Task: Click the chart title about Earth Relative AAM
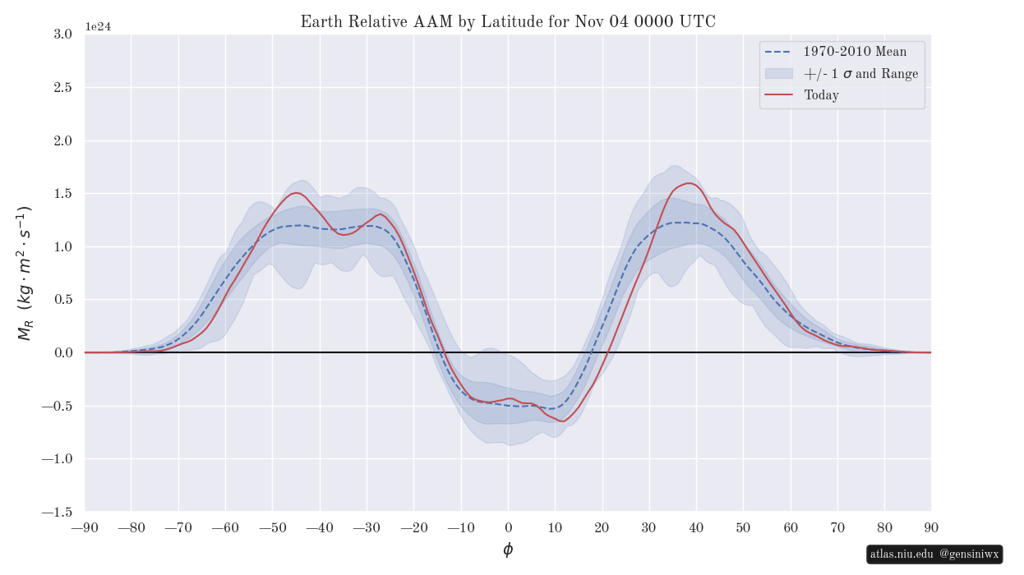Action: (508, 21)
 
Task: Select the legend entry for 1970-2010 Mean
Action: (855, 52)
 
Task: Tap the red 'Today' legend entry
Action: (821, 95)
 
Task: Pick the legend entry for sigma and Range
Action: (860, 74)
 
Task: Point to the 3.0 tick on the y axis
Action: (61, 34)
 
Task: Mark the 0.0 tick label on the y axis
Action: (61, 352)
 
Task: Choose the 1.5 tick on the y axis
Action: (61, 193)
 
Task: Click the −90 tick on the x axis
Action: (85, 527)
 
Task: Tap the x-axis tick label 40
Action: (696, 527)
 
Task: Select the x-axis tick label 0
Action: (508, 527)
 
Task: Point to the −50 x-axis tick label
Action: (273, 527)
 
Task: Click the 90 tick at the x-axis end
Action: (931, 527)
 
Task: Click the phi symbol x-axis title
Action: (508, 550)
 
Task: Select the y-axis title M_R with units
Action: (25, 274)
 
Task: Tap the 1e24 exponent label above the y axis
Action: (98, 26)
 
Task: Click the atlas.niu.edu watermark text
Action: (902, 554)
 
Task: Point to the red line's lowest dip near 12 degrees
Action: (563, 421)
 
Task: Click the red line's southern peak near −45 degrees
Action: (296, 193)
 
